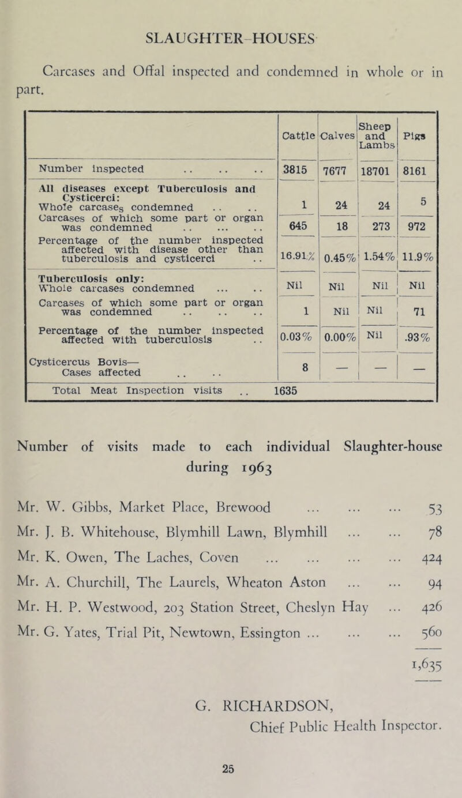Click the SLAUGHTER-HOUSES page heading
pos(231,42)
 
